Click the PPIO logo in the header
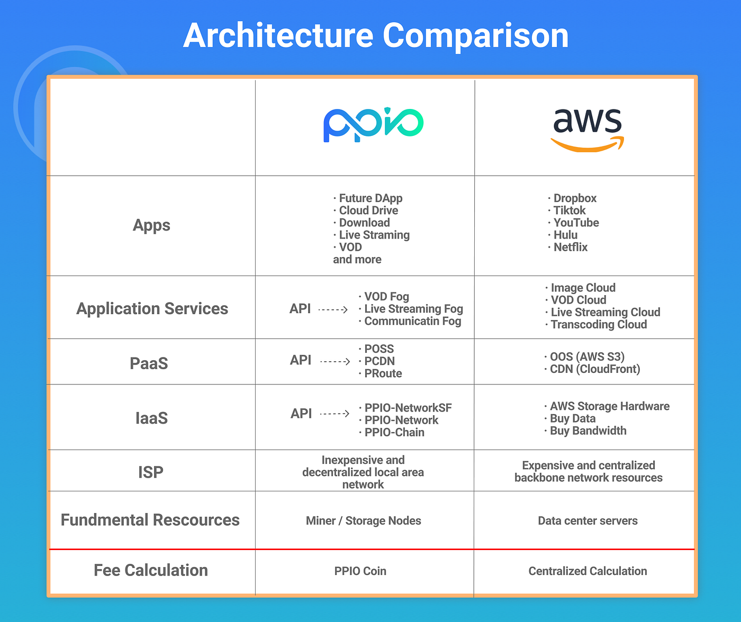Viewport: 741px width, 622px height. pyautogui.click(x=373, y=125)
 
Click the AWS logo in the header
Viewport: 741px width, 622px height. pyautogui.click(x=587, y=129)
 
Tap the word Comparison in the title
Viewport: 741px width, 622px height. pyautogui.click(x=475, y=36)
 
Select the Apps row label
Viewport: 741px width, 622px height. pyautogui.click(x=151, y=225)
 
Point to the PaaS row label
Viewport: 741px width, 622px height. pyautogui.click(x=149, y=363)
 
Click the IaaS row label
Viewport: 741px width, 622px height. pyautogui.click(x=151, y=418)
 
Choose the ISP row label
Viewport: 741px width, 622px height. pyautogui.click(x=151, y=472)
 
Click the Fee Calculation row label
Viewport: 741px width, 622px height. pyautogui.click(x=151, y=570)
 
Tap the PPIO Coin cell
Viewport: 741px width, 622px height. pyautogui.click(x=360, y=571)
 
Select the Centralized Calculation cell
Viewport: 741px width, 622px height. pyautogui.click(x=588, y=571)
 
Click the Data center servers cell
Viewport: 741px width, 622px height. pyautogui.click(x=588, y=521)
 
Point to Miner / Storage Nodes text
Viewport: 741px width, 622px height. pyautogui.click(x=364, y=521)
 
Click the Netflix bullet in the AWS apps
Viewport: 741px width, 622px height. pyautogui.click(x=570, y=248)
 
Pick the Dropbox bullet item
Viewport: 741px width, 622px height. pyautogui.click(x=575, y=198)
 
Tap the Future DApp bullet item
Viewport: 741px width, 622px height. pyautogui.click(x=370, y=198)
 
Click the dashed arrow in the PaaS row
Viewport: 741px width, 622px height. pyautogui.click(x=336, y=362)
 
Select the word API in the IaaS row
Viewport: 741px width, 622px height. pyautogui.click(x=301, y=414)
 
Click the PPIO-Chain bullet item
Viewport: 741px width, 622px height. pyautogui.click(x=394, y=433)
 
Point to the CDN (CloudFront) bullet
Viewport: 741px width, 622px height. pyautogui.click(x=595, y=369)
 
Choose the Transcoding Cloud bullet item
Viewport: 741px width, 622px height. pyautogui.click(x=599, y=325)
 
